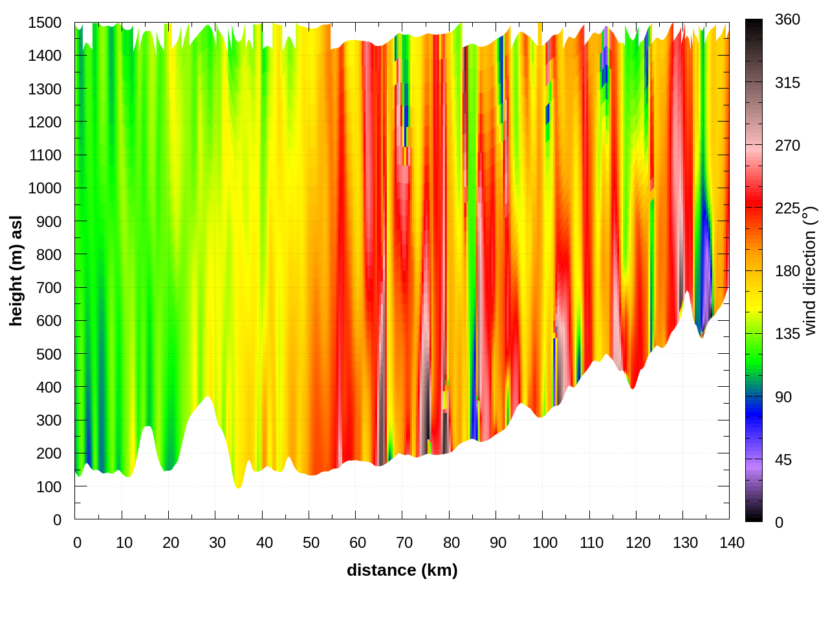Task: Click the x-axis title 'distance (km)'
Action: pyautogui.click(x=402, y=570)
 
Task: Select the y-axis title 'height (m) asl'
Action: pyautogui.click(x=16, y=271)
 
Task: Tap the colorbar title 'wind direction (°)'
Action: pyautogui.click(x=811, y=271)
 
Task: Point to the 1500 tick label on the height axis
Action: pyautogui.click(x=45, y=23)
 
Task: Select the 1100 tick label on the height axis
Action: pyautogui.click(x=45, y=155)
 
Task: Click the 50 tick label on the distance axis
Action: pyautogui.click(x=311, y=543)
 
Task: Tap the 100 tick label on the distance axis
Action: pyautogui.click(x=545, y=543)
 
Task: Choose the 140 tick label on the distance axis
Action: pyautogui.click(x=732, y=543)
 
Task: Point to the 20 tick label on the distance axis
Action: pyautogui.click(x=171, y=543)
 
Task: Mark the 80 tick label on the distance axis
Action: pyautogui.click(x=452, y=543)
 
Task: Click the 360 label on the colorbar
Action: pyautogui.click(x=787, y=20)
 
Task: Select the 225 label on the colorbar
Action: pyautogui.click(x=787, y=208)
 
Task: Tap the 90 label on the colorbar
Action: pyautogui.click(x=783, y=397)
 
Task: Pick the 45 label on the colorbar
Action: pyautogui.click(x=783, y=460)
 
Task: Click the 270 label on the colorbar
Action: pyautogui.click(x=787, y=146)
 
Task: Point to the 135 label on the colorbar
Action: pyautogui.click(x=787, y=334)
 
